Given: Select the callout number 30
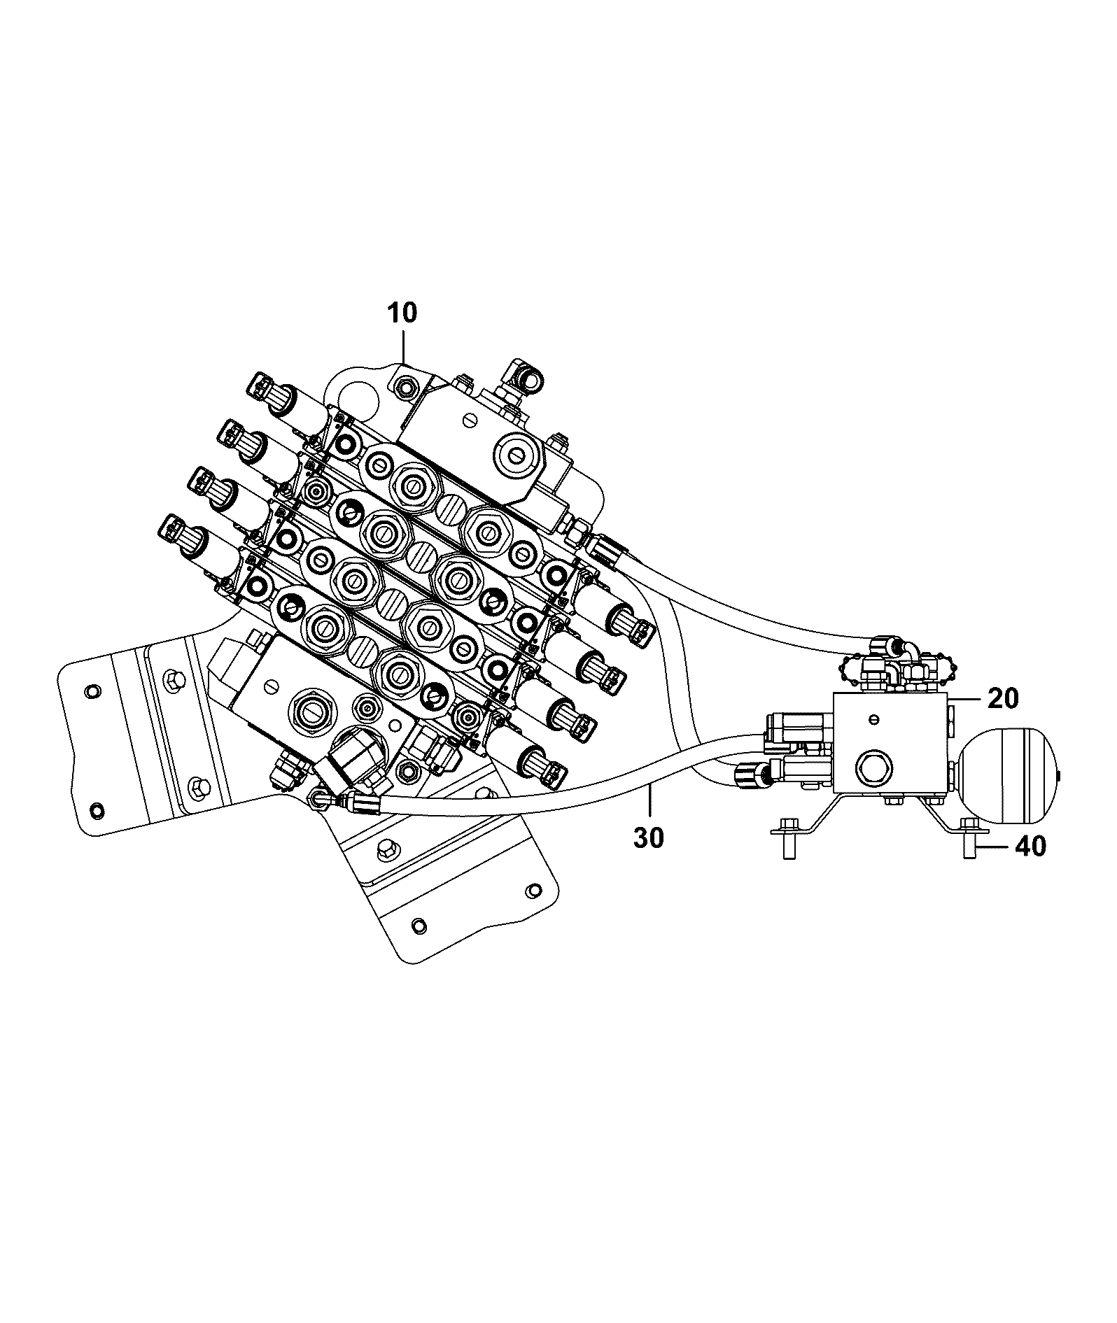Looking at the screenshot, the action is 648,837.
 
